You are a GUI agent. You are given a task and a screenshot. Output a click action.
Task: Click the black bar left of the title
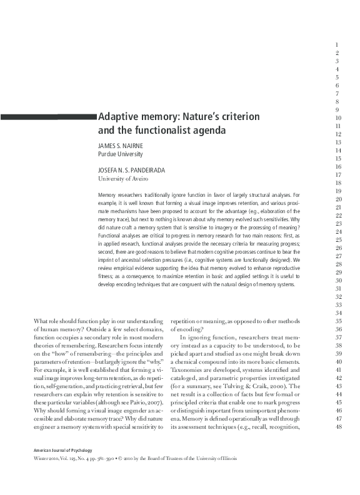49,116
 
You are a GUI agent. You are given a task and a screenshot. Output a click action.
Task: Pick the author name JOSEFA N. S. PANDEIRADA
136,169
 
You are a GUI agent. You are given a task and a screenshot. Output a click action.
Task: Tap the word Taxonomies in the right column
187,370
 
